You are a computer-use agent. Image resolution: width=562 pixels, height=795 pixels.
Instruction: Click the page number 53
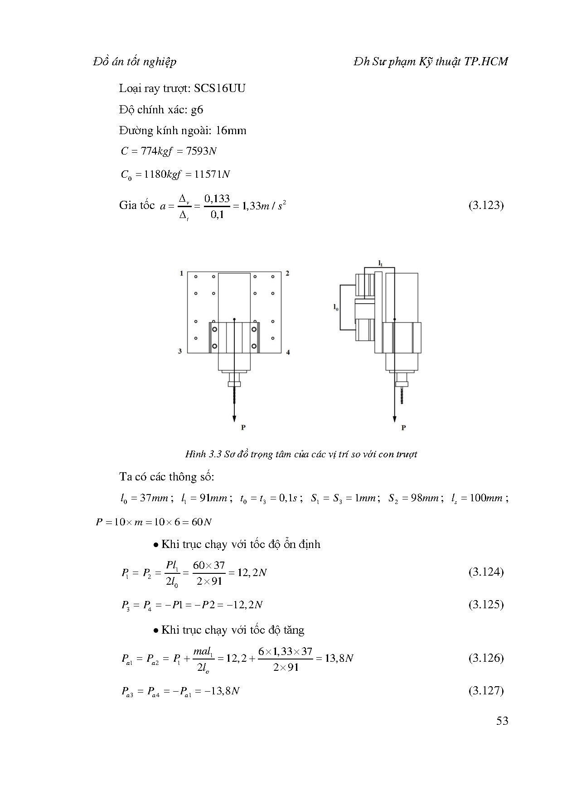tap(502, 721)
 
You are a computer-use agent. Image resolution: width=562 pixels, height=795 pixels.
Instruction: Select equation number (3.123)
tap(486, 205)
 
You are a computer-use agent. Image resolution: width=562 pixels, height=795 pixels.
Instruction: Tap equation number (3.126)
tap(486, 658)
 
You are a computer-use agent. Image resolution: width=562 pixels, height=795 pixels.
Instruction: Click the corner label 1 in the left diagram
tap(182, 273)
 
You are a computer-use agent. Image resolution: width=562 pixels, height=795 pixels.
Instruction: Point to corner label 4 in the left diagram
tap(288, 352)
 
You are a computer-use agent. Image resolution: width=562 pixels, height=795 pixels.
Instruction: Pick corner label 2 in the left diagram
tap(288, 273)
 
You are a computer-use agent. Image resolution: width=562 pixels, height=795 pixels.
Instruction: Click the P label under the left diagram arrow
tap(243, 427)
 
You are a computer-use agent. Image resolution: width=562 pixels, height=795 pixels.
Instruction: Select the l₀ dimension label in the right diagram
tap(335, 307)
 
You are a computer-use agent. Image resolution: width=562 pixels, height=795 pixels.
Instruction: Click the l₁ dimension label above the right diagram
tap(380, 263)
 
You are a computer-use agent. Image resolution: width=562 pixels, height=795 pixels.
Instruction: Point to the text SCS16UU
tap(220, 88)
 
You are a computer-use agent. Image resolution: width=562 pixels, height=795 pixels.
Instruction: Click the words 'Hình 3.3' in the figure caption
tap(203, 454)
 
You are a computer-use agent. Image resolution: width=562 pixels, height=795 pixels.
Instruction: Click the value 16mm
tap(231, 131)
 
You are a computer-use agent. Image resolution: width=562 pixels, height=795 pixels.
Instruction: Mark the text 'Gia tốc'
tap(137, 205)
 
